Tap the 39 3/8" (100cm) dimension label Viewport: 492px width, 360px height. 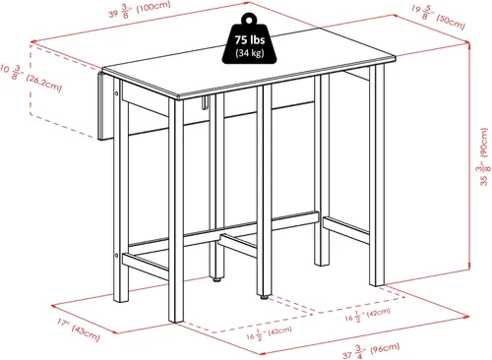(140, 10)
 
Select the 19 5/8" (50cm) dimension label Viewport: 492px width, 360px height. (438, 17)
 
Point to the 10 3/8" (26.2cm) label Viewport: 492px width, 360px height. (31, 77)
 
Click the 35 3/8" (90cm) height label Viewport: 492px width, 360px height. (483, 156)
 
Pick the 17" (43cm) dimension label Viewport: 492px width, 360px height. (78, 330)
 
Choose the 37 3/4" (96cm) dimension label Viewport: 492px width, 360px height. (371, 351)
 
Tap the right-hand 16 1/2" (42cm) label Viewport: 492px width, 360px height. (367, 315)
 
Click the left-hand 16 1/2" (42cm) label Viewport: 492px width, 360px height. (269, 333)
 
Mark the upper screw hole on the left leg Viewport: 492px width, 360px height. (117, 93)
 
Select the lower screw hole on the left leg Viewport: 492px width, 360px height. (116, 255)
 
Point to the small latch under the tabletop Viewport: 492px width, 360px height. (206, 101)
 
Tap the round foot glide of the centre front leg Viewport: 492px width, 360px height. (264, 297)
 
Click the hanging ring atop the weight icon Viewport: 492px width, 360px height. (249, 19)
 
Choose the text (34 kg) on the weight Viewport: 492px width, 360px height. (250, 52)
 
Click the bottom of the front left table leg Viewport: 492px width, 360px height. (176, 321)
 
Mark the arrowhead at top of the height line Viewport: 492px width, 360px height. (469, 43)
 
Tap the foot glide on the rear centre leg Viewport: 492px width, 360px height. (216, 279)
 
